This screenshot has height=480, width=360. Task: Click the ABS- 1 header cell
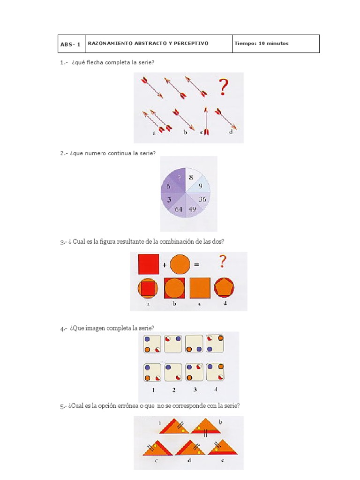(72, 44)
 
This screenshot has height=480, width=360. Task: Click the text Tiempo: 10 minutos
(262, 44)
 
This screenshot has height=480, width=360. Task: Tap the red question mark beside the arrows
(224, 87)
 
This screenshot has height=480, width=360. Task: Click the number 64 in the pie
(179, 210)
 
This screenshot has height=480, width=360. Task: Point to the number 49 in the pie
(193, 210)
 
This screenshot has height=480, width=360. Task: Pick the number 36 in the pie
(202, 199)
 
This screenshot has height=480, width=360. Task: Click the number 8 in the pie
(191, 177)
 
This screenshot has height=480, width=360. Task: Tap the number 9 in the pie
(201, 186)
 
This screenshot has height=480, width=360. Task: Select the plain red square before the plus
(149, 264)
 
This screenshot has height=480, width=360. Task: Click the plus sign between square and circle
(165, 265)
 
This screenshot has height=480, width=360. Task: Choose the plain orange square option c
(200, 288)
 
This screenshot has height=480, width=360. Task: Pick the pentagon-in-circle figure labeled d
(225, 288)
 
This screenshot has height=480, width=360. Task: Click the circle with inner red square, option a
(148, 288)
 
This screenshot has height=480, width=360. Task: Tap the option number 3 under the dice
(195, 390)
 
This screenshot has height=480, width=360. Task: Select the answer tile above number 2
(173, 372)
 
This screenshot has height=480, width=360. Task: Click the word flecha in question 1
(95, 62)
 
